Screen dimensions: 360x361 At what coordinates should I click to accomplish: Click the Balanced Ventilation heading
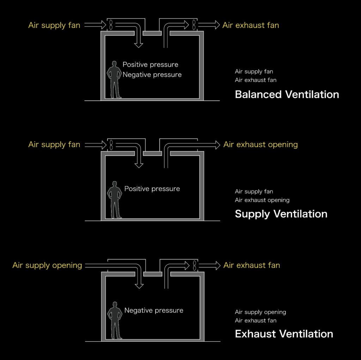[x=287, y=95]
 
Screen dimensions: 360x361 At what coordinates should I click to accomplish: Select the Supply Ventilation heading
[x=281, y=214]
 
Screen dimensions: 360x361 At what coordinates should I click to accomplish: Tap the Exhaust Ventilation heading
[x=284, y=334]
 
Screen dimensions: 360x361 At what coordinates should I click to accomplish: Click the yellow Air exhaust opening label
[x=261, y=144]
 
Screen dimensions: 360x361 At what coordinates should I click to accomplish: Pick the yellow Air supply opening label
[x=47, y=265]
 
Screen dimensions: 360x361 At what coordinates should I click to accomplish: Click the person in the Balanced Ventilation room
[x=114, y=80]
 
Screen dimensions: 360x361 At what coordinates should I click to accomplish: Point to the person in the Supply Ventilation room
[x=114, y=200]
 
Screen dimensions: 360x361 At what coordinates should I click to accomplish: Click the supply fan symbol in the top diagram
[x=111, y=25]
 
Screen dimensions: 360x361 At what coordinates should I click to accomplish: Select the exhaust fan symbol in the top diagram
[x=194, y=25]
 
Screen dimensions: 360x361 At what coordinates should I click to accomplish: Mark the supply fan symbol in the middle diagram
[x=111, y=144]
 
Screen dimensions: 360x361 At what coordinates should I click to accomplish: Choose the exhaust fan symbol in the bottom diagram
[x=194, y=265]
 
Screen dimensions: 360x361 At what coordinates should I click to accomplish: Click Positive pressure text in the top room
[x=150, y=65]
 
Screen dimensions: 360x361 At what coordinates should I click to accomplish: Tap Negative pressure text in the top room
[x=152, y=74]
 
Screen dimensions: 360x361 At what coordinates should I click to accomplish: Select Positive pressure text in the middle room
[x=152, y=189]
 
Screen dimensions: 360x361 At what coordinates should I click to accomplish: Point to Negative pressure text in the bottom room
[x=154, y=311]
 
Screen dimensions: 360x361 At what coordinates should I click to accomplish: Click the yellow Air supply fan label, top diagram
[x=54, y=25]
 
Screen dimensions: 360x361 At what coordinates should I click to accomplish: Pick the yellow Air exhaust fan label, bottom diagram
[x=251, y=265]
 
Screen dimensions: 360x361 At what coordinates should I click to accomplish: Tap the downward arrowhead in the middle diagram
[x=139, y=164]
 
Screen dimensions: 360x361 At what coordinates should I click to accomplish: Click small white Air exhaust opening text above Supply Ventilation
[x=262, y=200]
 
